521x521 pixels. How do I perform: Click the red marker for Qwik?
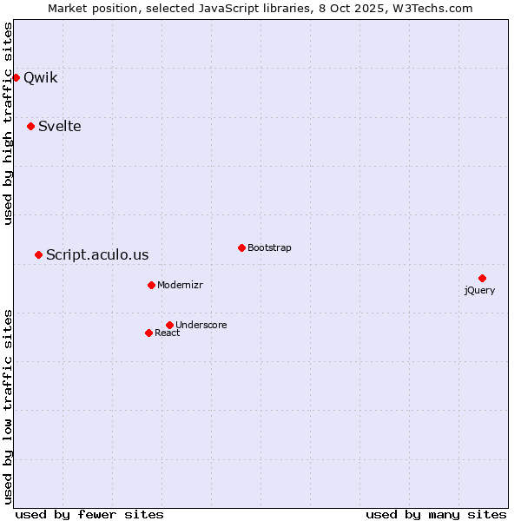coord(16,77)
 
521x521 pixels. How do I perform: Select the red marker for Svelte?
coord(31,126)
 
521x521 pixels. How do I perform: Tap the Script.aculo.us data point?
coord(38,254)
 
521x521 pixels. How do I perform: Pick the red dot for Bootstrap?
coord(241,247)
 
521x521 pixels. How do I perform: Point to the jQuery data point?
coord(482,278)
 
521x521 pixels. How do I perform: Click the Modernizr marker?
coord(151,285)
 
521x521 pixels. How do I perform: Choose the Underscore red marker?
coord(169,325)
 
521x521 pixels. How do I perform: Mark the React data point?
coord(148,333)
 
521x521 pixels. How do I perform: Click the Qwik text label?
coord(41,77)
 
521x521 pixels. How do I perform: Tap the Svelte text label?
coord(60,126)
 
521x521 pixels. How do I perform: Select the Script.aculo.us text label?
coord(97,254)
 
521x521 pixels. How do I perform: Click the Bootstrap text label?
coord(269,247)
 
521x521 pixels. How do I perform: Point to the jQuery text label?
coord(479,290)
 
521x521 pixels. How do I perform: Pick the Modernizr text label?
coord(181,285)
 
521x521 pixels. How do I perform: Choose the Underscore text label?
coord(201,325)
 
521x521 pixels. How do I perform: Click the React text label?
coord(168,333)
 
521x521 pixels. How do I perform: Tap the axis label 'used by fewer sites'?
coord(89,514)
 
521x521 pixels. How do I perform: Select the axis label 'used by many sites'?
coord(436,514)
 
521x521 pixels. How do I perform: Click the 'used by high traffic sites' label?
coord(8,123)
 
